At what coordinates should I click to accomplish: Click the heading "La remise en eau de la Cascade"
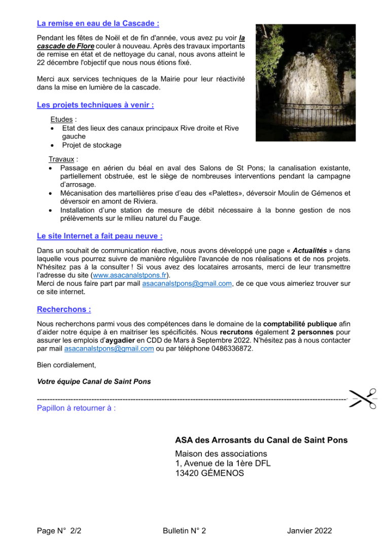[x=98, y=23]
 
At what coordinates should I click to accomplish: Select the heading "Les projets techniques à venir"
[x=95, y=105]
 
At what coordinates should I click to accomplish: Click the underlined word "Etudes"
[x=61, y=119]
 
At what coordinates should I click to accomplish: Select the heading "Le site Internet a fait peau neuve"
[x=99, y=236]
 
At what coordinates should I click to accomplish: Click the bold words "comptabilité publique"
[x=300, y=323]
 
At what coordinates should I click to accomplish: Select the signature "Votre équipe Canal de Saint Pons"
[x=94, y=382]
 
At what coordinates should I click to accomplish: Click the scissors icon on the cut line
[x=364, y=399]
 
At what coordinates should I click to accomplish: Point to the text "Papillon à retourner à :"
[x=76, y=408]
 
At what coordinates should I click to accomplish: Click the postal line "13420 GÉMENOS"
[x=209, y=473]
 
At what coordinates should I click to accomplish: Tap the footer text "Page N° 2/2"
[x=59, y=531]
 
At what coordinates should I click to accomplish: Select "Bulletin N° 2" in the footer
[x=184, y=531]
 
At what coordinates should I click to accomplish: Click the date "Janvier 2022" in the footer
[x=309, y=531]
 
